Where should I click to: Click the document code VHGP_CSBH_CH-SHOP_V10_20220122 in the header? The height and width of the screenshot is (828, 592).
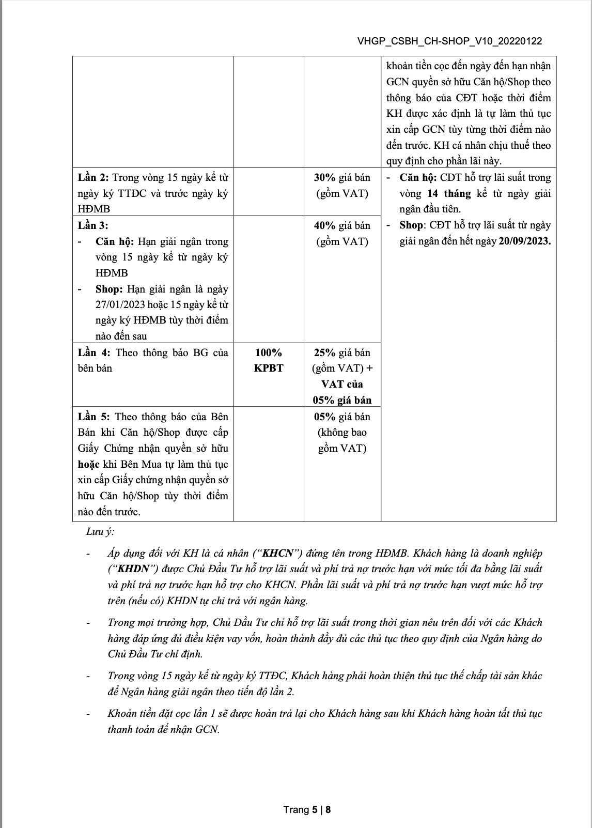[x=449, y=41]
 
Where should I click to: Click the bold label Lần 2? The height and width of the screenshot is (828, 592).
[x=94, y=177]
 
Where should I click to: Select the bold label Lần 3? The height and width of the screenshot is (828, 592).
[x=94, y=225]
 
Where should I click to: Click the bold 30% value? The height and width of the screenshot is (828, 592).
[x=325, y=177]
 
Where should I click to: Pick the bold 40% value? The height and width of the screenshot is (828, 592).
[x=325, y=225]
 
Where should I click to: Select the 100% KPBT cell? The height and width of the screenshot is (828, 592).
[x=269, y=360]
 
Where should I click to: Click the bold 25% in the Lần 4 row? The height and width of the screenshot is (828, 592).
[x=325, y=352]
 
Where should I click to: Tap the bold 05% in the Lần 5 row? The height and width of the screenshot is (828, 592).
[x=325, y=417]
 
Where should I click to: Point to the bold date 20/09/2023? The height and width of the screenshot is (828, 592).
[x=524, y=241]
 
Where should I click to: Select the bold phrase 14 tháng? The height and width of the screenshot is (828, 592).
[x=449, y=193]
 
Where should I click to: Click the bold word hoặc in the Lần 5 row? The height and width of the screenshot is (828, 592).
[x=88, y=464]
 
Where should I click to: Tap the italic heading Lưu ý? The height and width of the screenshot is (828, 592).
[x=100, y=531]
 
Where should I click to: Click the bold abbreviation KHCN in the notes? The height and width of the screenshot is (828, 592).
[x=279, y=553]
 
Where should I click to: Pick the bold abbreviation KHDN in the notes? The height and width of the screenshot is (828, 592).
[x=133, y=569]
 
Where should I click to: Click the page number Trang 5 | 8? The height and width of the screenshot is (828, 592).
[x=307, y=809]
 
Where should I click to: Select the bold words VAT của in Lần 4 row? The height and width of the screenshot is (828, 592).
[x=342, y=384]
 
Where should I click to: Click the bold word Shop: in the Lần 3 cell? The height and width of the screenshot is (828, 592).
[x=109, y=289]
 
